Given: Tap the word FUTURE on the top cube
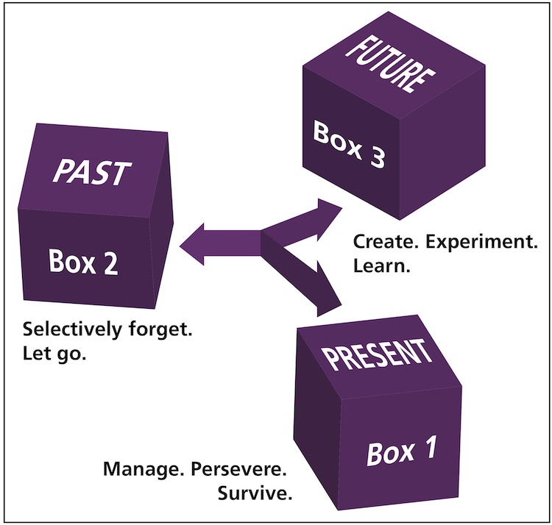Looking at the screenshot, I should click(x=386, y=65).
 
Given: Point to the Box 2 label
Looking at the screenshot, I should click(x=82, y=261).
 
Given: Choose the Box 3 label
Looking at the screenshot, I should click(x=349, y=145).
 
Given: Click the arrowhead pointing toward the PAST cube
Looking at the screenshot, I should click(x=193, y=243).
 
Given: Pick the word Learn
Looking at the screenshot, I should click(x=381, y=265).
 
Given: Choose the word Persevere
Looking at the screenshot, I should click(x=241, y=468).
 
